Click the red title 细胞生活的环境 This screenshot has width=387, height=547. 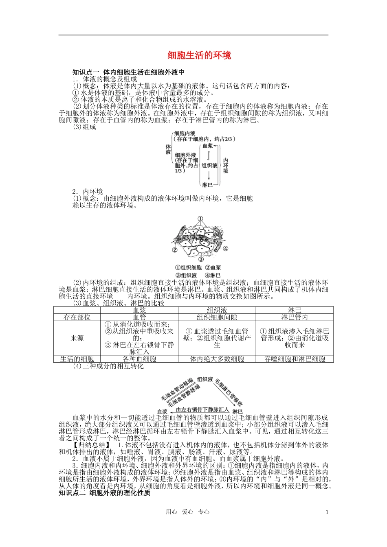pyautogui.click(x=200, y=55)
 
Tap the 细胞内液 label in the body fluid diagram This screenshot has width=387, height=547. pyautogui.click(x=185, y=133)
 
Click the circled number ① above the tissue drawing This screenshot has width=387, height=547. pyautogui.click(x=200, y=219)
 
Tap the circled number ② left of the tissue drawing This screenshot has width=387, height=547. pyautogui.click(x=174, y=250)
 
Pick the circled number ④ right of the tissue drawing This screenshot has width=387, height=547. pyautogui.click(x=225, y=249)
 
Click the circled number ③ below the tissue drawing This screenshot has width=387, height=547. pyautogui.click(x=200, y=259)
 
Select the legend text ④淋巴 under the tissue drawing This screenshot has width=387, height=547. pyautogui.click(x=213, y=276)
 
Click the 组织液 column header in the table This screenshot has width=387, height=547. pyautogui.click(x=217, y=310)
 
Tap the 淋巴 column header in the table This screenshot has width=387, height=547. pyautogui.click(x=294, y=310)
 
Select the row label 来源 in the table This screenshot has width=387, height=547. pyautogui.click(x=77, y=338)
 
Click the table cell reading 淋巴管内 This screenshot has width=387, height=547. pyautogui.click(x=294, y=317)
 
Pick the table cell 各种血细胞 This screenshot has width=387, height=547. pyautogui.click(x=139, y=359)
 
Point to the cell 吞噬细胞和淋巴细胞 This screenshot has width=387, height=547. pyautogui.click(x=295, y=359)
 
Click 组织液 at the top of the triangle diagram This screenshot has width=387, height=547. pyautogui.click(x=205, y=379)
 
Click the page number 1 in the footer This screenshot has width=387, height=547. pyautogui.click(x=327, y=512)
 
